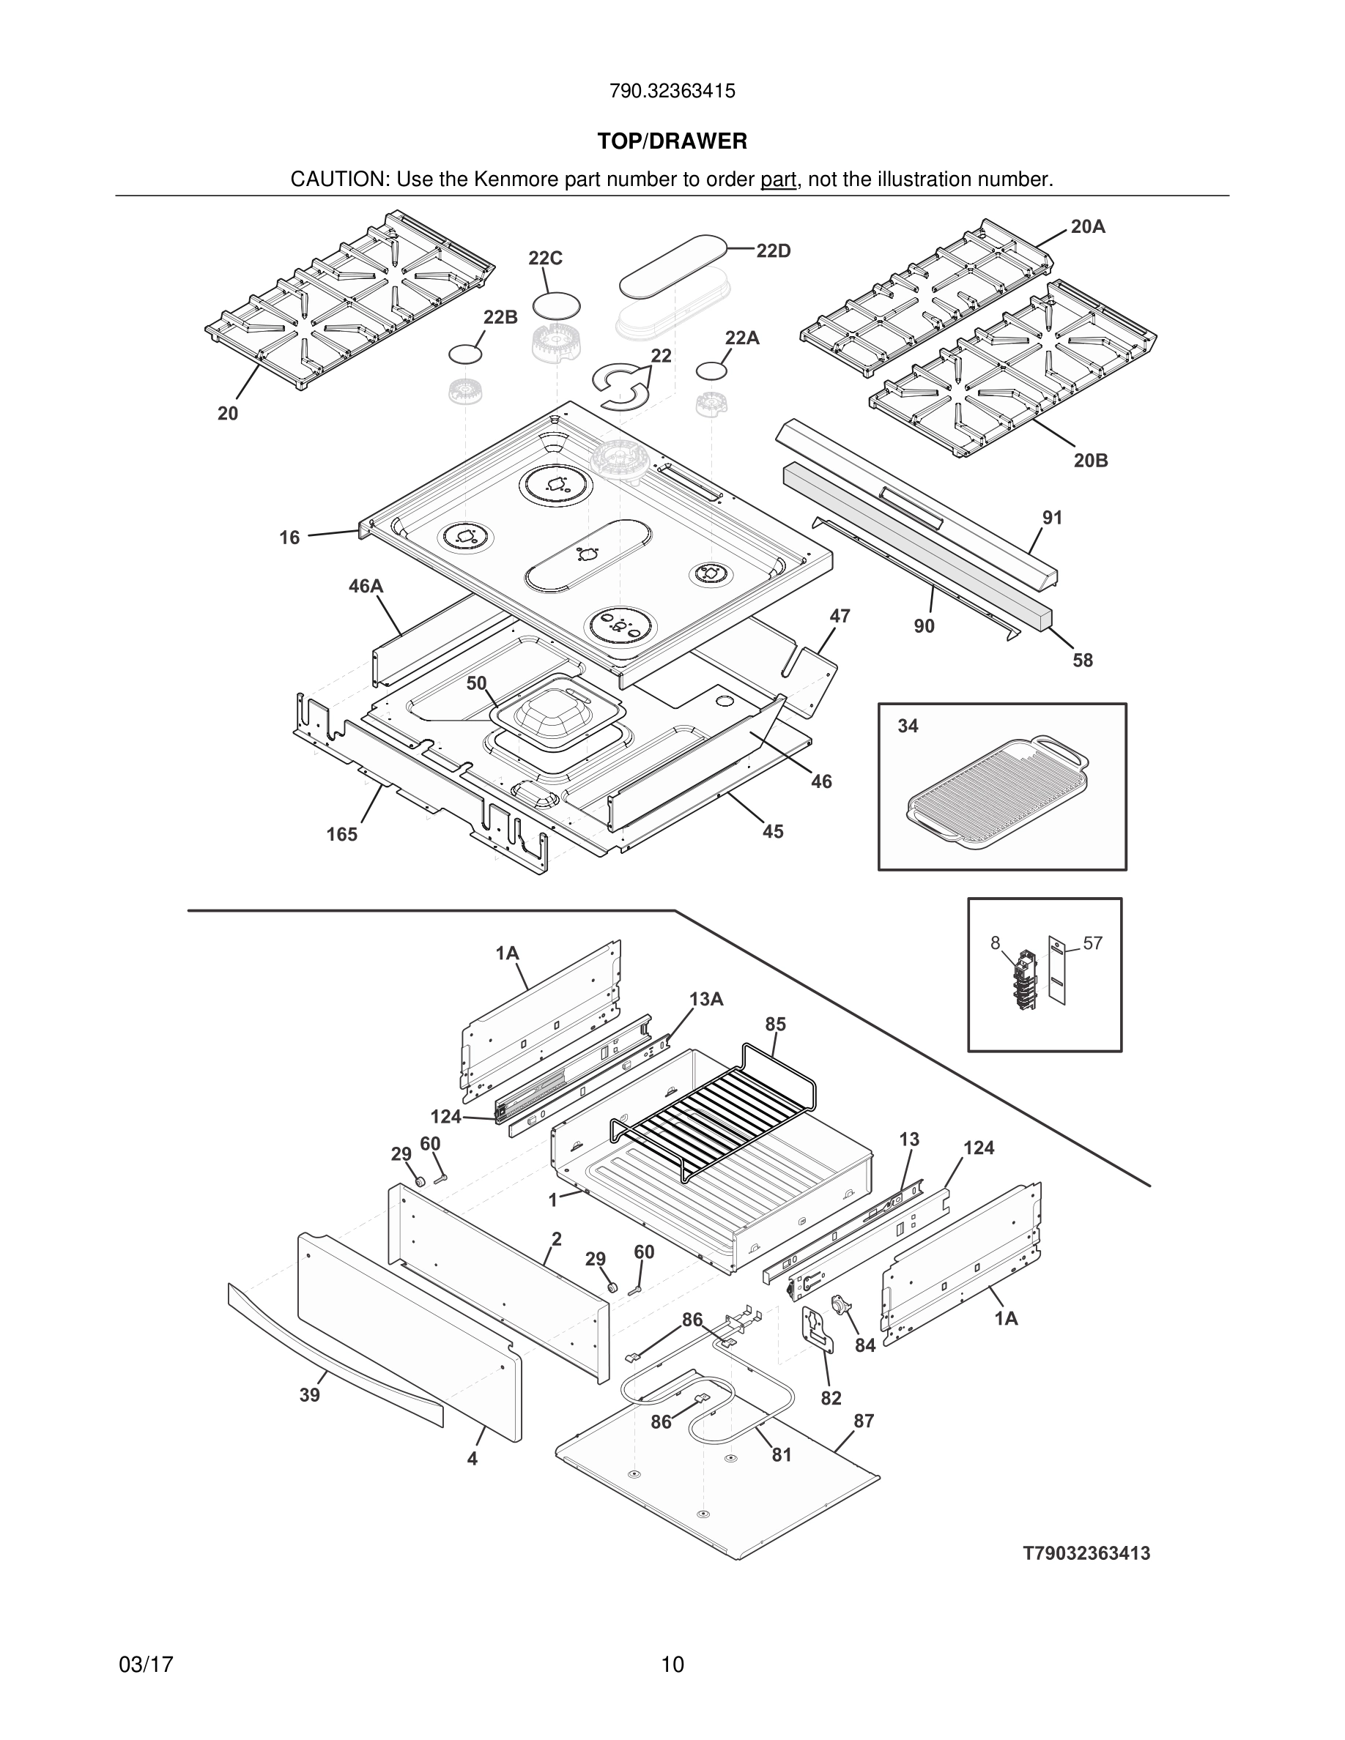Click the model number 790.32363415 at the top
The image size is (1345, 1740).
point(672,91)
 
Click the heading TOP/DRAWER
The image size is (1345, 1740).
point(672,142)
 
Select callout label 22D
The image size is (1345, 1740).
point(773,251)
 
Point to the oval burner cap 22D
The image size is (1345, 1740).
point(673,261)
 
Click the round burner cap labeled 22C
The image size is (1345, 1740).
point(555,306)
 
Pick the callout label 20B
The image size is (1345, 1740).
point(1090,461)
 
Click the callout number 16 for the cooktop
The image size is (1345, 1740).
point(289,538)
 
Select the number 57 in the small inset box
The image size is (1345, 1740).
point(1092,943)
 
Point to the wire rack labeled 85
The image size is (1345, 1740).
point(713,1115)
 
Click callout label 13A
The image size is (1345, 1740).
point(706,999)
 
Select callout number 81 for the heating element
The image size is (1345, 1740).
point(782,1455)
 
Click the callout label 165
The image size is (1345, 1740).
point(342,834)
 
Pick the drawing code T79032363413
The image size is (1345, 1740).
point(1086,1553)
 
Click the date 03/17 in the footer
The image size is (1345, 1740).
point(146,1665)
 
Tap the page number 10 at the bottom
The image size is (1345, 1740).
point(672,1665)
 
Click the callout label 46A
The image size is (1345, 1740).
point(366,587)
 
